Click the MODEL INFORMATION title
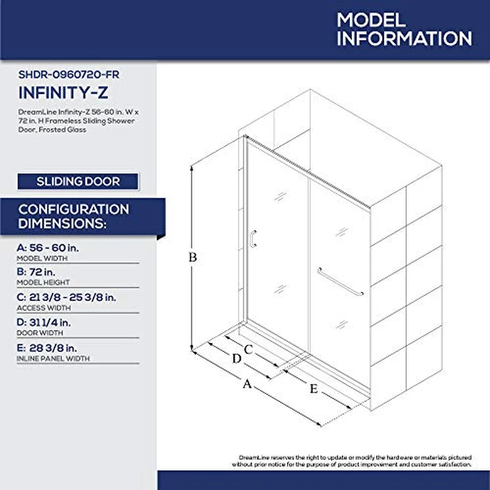404,28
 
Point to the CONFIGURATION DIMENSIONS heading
73,216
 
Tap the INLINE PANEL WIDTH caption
53,358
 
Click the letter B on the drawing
192,257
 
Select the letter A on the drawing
246,383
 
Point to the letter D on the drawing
236,358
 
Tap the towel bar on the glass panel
341,283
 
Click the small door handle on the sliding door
253,239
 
